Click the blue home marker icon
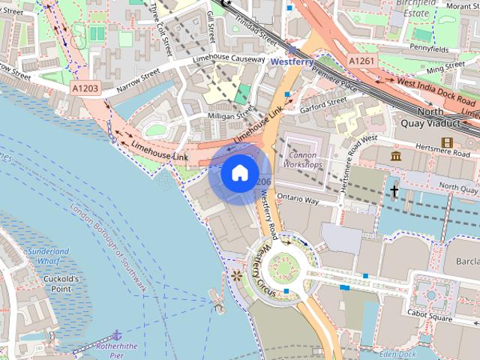(238, 172)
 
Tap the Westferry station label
(292, 61)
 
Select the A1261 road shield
(361, 60)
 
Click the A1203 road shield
(85, 88)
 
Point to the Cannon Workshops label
(303, 159)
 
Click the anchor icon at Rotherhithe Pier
(116, 334)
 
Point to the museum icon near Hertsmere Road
(396, 156)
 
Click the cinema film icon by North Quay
(447, 142)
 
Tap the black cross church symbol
(394, 191)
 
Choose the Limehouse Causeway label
(229, 59)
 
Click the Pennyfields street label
(430, 46)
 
